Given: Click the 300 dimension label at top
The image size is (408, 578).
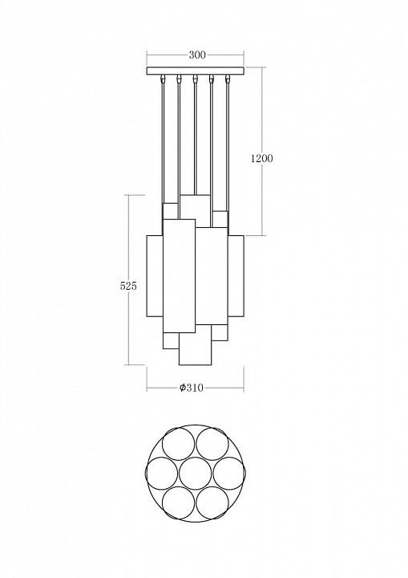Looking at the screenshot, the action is (197, 55).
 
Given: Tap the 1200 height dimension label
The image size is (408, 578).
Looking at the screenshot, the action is (262, 158).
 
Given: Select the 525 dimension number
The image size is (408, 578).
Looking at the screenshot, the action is (128, 286).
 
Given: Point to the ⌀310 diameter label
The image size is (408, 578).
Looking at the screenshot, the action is (192, 388).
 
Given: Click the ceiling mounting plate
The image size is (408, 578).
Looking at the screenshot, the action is (195, 71).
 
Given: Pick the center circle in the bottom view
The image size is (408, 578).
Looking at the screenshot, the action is (196, 473).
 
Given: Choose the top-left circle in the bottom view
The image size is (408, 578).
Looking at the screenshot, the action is (178, 443).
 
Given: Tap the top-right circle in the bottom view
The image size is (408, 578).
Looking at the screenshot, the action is (213, 443).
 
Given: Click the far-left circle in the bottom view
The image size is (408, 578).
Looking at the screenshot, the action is (162, 473).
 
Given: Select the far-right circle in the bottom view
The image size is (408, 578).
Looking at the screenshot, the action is (229, 473).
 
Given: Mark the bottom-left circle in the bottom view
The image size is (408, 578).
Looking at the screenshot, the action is (178, 503).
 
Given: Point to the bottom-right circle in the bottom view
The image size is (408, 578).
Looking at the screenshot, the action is (213, 503).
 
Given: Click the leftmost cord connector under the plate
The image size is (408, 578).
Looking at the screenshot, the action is (163, 78).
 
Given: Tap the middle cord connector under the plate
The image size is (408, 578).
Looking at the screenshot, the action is (195, 78).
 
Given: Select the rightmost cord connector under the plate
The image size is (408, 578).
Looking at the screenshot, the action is (228, 78).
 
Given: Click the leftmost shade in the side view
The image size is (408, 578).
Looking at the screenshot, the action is (155, 275).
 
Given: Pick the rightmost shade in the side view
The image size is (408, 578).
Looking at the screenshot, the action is (236, 275).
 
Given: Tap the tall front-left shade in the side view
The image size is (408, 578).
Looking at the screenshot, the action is (179, 276).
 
